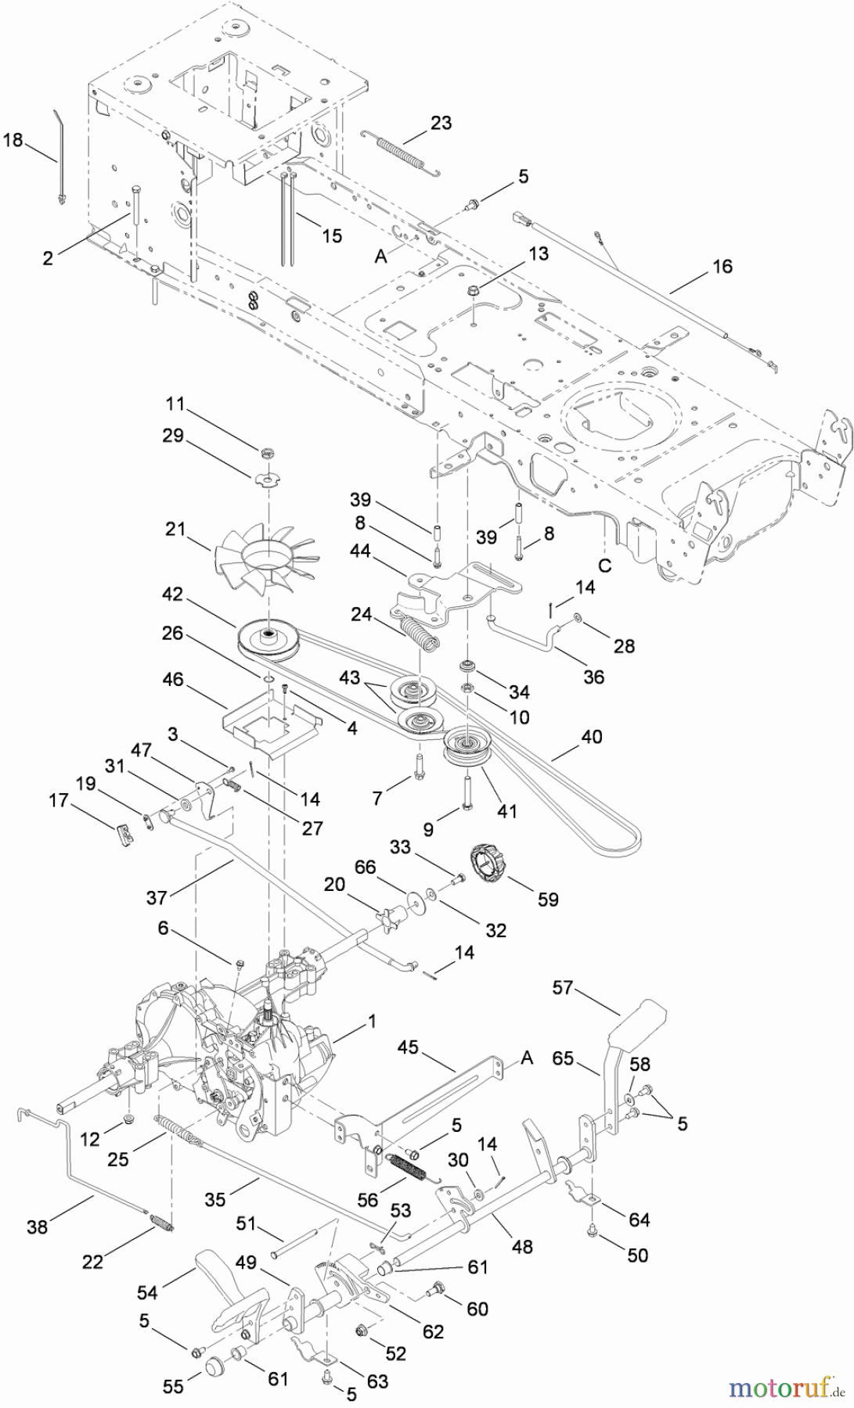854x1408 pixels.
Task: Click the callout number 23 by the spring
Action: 441,123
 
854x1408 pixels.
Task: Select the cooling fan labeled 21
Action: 264,562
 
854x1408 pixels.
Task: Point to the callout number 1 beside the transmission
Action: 372,1021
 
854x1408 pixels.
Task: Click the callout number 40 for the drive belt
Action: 592,736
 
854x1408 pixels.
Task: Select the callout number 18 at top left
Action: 13,140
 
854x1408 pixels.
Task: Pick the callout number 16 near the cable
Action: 722,266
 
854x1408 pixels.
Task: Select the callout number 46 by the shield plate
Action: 173,680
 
